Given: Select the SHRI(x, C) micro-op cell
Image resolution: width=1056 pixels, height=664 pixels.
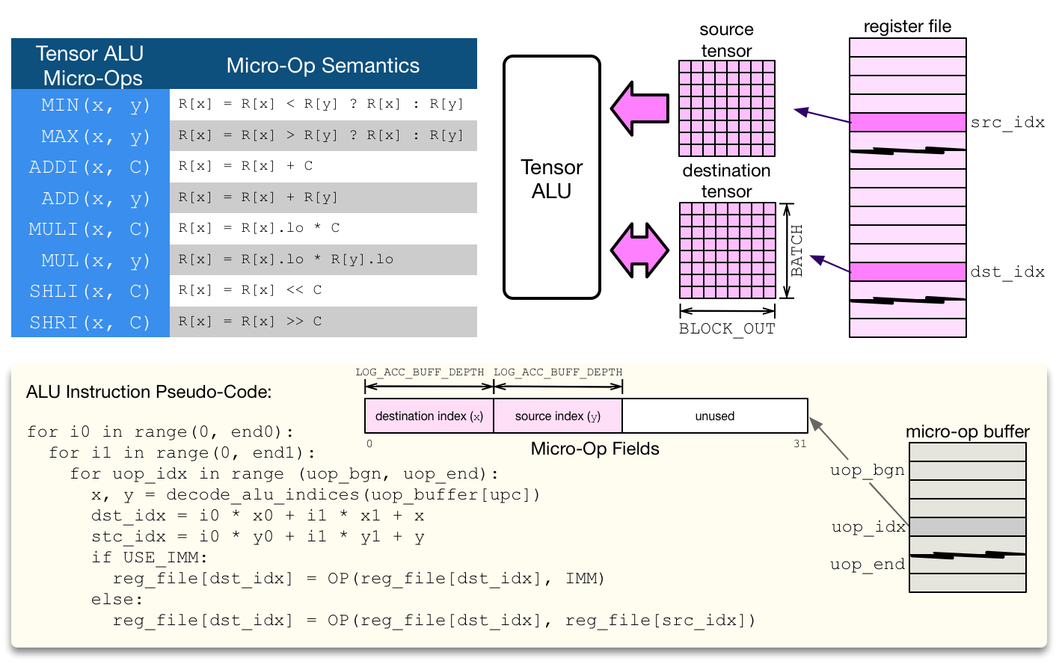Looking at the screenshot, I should (x=90, y=322).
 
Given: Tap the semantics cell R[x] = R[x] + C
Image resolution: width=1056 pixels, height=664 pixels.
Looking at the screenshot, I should (x=323, y=166).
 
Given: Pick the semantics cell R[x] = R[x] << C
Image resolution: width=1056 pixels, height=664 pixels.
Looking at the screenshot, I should (x=323, y=290).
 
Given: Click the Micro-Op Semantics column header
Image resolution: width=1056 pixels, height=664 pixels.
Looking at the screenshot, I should (x=323, y=66).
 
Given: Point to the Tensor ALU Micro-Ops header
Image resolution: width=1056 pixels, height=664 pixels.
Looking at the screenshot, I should (x=90, y=66).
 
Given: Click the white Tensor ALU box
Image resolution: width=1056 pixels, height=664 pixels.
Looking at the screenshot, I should (x=552, y=178).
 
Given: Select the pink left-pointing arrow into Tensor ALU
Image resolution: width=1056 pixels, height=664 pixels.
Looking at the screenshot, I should (x=639, y=108).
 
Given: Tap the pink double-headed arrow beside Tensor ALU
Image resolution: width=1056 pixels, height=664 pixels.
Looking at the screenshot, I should (x=639, y=250).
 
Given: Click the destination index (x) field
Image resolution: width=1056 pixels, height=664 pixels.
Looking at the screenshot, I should (x=429, y=416).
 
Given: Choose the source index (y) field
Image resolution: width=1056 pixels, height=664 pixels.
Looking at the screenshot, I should (x=558, y=416).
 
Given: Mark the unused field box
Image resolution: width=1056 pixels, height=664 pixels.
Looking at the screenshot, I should (x=715, y=416).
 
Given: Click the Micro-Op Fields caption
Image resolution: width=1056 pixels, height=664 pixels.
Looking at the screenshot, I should (x=595, y=449).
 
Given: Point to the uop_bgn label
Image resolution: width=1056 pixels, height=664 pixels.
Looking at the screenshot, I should (x=867, y=470).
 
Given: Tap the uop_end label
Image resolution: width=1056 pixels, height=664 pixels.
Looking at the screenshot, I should (x=867, y=565).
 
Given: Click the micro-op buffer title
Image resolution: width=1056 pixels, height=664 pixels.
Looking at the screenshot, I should (x=967, y=431).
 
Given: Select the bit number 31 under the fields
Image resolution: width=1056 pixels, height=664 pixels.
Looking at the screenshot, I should (x=799, y=443).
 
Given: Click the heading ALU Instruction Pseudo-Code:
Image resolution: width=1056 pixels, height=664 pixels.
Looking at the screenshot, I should (x=149, y=392).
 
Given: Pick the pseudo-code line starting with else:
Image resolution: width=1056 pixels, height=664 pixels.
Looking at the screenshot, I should (x=117, y=600).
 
